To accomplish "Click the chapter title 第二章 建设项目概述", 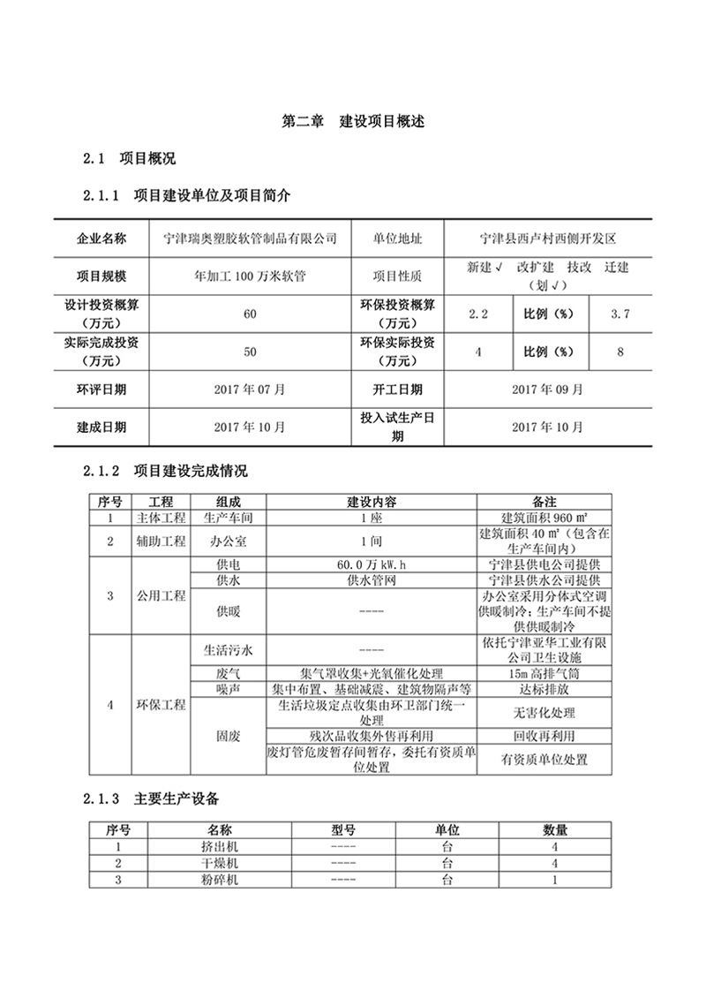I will [353, 122].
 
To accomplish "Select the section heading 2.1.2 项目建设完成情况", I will [165, 472].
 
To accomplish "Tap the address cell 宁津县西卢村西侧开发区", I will [547, 238].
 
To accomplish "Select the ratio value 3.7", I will [621, 314].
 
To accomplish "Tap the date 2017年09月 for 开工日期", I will [547, 389].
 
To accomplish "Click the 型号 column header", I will [343, 830].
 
